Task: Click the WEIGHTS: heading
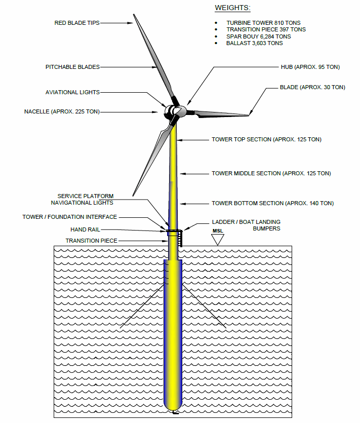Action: [232, 8]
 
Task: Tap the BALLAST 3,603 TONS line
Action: [254, 43]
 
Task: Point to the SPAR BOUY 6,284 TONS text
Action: [258, 36]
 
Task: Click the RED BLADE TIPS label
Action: [77, 23]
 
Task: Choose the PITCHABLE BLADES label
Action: [72, 67]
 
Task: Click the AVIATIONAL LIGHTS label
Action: [72, 92]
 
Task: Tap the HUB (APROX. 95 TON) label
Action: [310, 67]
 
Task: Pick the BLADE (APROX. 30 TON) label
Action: [312, 87]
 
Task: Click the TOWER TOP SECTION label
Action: [266, 139]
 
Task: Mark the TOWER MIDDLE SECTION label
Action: [271, 173]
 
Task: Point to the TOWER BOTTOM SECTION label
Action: [272, 203]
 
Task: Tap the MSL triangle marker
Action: [218, 239]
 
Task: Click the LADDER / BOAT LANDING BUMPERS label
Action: [246, 225]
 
